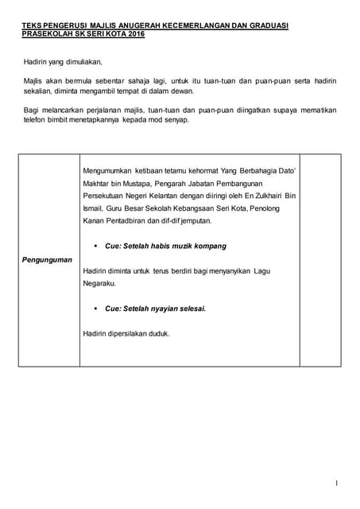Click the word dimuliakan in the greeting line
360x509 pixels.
click(82, 61)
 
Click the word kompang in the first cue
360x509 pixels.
click(207, 246)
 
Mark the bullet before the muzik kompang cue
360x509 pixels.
click(95, 246)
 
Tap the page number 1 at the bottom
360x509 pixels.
click(337, 483)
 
